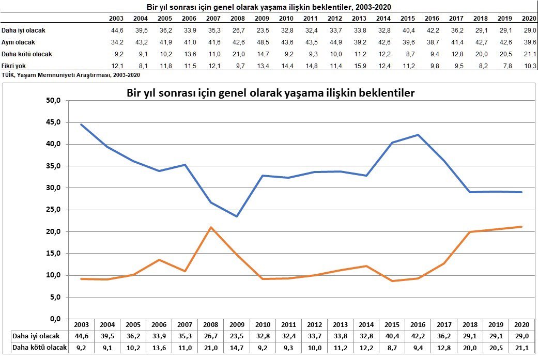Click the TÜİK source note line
point(71,74)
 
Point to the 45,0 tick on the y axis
point(53,122)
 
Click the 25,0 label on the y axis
point(53,210)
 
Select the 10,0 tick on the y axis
point(53,275)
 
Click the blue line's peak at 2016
point(418,135)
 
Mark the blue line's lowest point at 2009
point(237,216)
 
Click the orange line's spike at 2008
point(211,227)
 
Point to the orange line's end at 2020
point(521,227)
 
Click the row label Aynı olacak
point(19,42)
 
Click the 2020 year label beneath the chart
point(521,325)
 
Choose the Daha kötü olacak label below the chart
point(39,347)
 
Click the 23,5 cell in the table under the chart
point(237,336)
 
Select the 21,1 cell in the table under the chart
point(521,347)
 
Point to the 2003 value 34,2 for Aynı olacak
point(116,42)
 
